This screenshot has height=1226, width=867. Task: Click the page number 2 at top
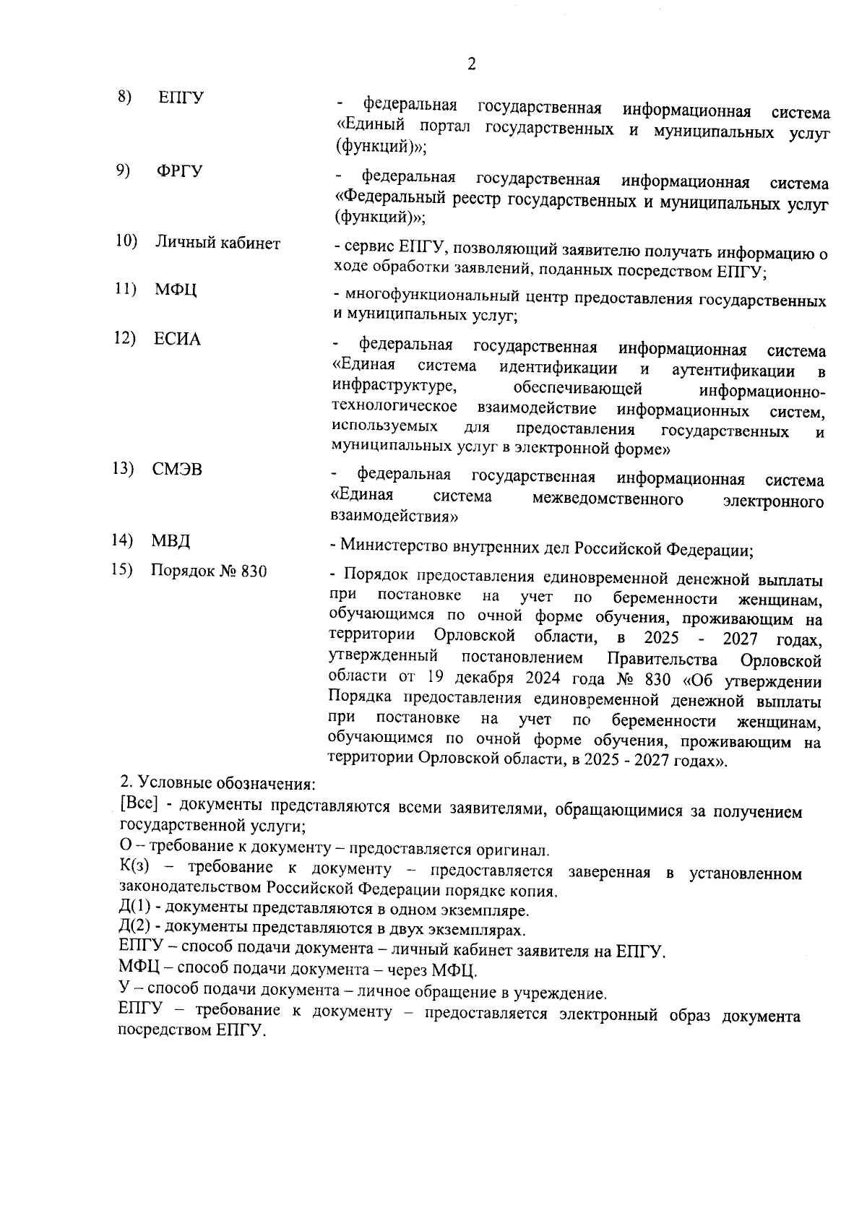(x=471, y=65)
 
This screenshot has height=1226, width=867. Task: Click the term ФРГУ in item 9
(x=179, y=171)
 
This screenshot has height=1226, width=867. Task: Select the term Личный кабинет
(x=217, y=243)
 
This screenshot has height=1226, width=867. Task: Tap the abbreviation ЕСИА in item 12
(x=176, y=340)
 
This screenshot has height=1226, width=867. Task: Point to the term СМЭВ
(x=177, y=470)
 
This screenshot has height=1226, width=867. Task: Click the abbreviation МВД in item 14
(x=171, y=541)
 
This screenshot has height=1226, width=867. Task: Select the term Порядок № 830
(x=209, y=571)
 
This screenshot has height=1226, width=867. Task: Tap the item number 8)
(x=125, y=97)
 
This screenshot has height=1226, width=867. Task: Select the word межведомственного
(x=607, y=500)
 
